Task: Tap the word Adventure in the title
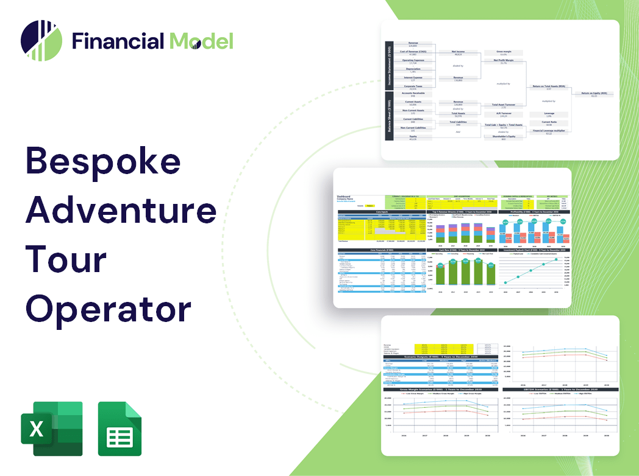tap(121, 211)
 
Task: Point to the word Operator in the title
tap(108, 307)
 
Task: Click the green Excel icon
tap(51, 429)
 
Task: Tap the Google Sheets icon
tap(120, 429)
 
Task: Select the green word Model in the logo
tap(201, 41)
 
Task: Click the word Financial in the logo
tap(118, 41)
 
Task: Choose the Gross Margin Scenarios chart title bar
tap(440, 388)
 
